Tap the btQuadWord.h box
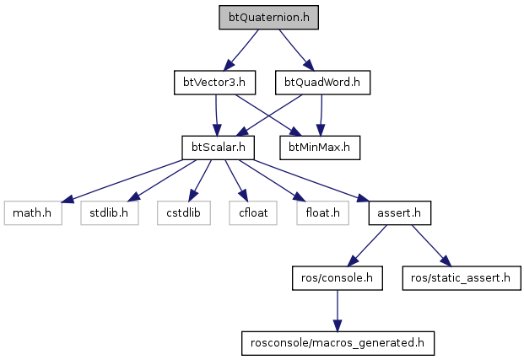323,83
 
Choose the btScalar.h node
218,148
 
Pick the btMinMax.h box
320,148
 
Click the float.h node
318,212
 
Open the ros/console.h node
336,277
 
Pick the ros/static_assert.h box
461,277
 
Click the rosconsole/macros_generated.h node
336,342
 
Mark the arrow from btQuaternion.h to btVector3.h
241,51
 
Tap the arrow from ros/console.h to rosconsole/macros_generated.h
336,309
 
